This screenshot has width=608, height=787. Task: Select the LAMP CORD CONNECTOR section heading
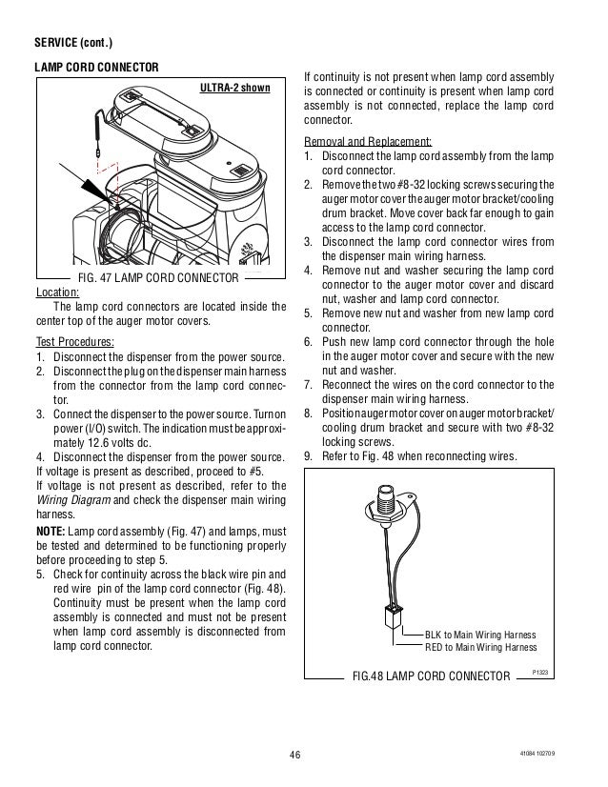(96, 67)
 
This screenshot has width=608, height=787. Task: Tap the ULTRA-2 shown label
(233, 88)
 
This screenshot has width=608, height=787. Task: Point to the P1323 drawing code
(541, 673)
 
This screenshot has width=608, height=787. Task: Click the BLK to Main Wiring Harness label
(480, 634)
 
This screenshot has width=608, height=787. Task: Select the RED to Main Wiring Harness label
(480, 647)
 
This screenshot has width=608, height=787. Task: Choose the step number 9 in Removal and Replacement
(308, 454)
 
